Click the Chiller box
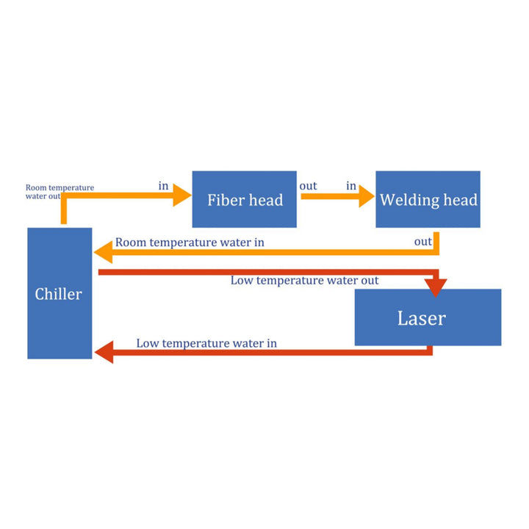click(x=60, y=293)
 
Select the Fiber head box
click(x=244, y=199)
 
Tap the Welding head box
click(x=428, y=199)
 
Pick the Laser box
click(x=428, y=317)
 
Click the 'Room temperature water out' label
click(x=60, y=192)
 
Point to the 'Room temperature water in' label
click(x=190, y=242)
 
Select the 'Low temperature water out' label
click(x=304, y=281)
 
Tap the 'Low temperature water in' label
click(x=206, y=343)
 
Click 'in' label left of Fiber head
click(x=164, y=186)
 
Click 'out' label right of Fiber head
click(x=308, y=186)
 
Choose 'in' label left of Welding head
click(x=351, y=186)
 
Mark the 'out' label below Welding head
click(x=422, y=242)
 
